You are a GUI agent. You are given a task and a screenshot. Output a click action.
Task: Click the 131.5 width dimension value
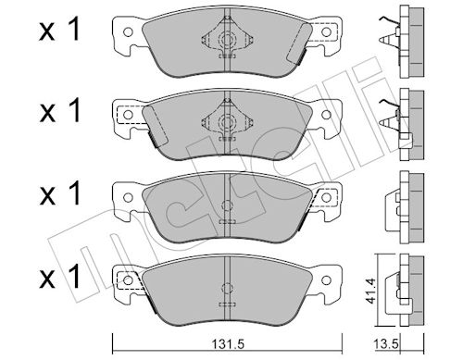[228, 343]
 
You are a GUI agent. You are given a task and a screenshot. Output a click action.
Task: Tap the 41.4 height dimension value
[369, 291]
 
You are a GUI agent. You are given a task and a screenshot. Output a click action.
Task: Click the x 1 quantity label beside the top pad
[59, 30]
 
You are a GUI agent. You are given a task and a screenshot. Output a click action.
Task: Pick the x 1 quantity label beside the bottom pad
[59, 277]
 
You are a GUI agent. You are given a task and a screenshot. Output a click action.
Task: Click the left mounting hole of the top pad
[128, 32]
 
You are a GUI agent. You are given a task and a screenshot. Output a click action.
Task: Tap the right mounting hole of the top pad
[326, 31]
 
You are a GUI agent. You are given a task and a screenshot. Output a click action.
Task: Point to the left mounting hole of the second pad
[128, 115]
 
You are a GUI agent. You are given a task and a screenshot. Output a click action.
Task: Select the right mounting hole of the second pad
[326, 115]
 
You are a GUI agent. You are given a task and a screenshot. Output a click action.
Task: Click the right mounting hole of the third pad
[326, 197]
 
